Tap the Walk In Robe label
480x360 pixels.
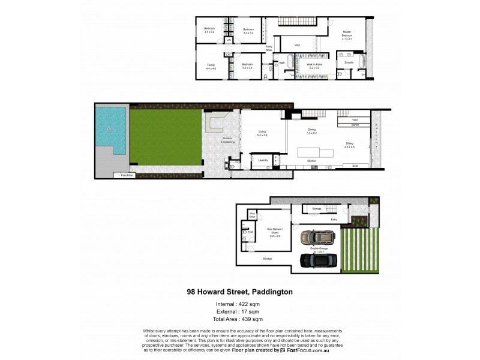tap(315, 65)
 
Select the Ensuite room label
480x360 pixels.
tap(349, 62)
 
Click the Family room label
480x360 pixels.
tap(211, 66)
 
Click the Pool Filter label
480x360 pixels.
tap(127, 175)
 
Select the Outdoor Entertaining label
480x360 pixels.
tap(227, 140)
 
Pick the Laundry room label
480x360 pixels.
tap(263, 160)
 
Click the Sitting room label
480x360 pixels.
tap(349, 145)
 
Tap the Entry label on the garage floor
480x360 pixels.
tap(334, 220)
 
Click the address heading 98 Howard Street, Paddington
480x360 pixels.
tap(240, 292)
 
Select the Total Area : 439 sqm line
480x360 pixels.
tap(239, 319)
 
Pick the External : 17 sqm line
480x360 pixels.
tap(239, 311)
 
